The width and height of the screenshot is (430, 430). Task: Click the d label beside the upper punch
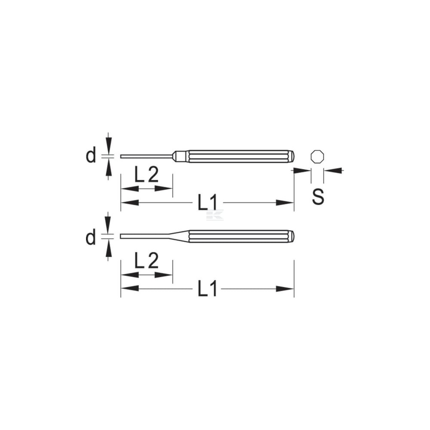(x=91, y=155)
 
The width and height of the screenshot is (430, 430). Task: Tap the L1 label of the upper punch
(x=208, y=203)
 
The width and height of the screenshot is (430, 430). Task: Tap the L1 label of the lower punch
(x=208, y=288)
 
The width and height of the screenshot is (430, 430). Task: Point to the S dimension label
(x=318, y=196)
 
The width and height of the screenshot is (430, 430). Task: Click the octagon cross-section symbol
(x=318, y=157)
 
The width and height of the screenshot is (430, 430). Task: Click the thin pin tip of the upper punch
(x=147, y=157)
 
